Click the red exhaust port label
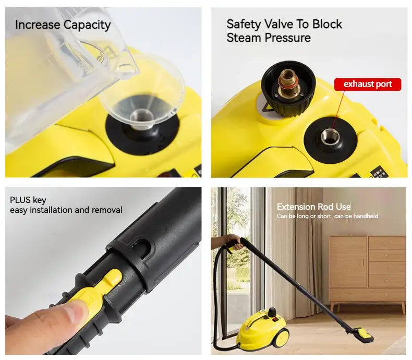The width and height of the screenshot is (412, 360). coord(368,85)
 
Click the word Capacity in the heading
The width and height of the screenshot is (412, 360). coord(87,25)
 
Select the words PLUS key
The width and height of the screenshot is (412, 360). coord(28,200)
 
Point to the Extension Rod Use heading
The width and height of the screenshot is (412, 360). coord(313,207)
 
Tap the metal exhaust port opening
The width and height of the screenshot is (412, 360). coord(330,137)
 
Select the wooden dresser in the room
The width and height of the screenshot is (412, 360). coord(367,271)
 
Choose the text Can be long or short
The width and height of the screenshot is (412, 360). coord(302,216)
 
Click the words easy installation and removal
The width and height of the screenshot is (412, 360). coord(66,210)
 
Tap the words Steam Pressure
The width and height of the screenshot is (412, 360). coord(269,38)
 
